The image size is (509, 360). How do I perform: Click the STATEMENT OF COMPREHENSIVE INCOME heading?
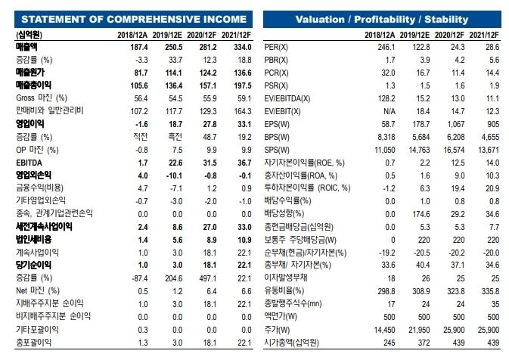click(134, 20)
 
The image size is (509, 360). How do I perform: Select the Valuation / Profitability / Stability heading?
click(382, 20)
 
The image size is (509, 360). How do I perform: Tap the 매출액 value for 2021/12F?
click(243, 48)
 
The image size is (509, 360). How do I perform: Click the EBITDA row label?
click(29, 163)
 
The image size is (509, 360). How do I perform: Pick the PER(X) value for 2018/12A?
click(386, 48)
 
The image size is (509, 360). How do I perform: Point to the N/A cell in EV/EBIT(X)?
click(390, 112)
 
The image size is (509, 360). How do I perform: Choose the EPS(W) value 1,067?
click(455, 124)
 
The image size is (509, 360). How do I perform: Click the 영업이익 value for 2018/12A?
click(141, 124)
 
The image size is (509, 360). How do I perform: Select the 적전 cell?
click(140, 137)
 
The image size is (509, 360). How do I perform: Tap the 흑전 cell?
click(175, 137)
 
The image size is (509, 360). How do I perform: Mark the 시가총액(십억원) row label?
click(291, 343)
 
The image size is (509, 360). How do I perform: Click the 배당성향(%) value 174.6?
click(421, 214)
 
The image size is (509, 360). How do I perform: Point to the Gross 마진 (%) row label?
click(42, 98)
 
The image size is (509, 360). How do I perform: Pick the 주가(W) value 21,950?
click(419, 331)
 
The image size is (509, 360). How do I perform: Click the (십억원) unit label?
click(29, 35)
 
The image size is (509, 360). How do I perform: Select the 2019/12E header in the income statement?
click(167, 35)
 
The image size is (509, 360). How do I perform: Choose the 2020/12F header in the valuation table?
click(449, 35)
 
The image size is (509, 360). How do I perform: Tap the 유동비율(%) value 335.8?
click(490, 291)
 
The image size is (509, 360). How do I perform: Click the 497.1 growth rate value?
click(207, 278)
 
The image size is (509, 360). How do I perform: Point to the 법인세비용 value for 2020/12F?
click(211, 240)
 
